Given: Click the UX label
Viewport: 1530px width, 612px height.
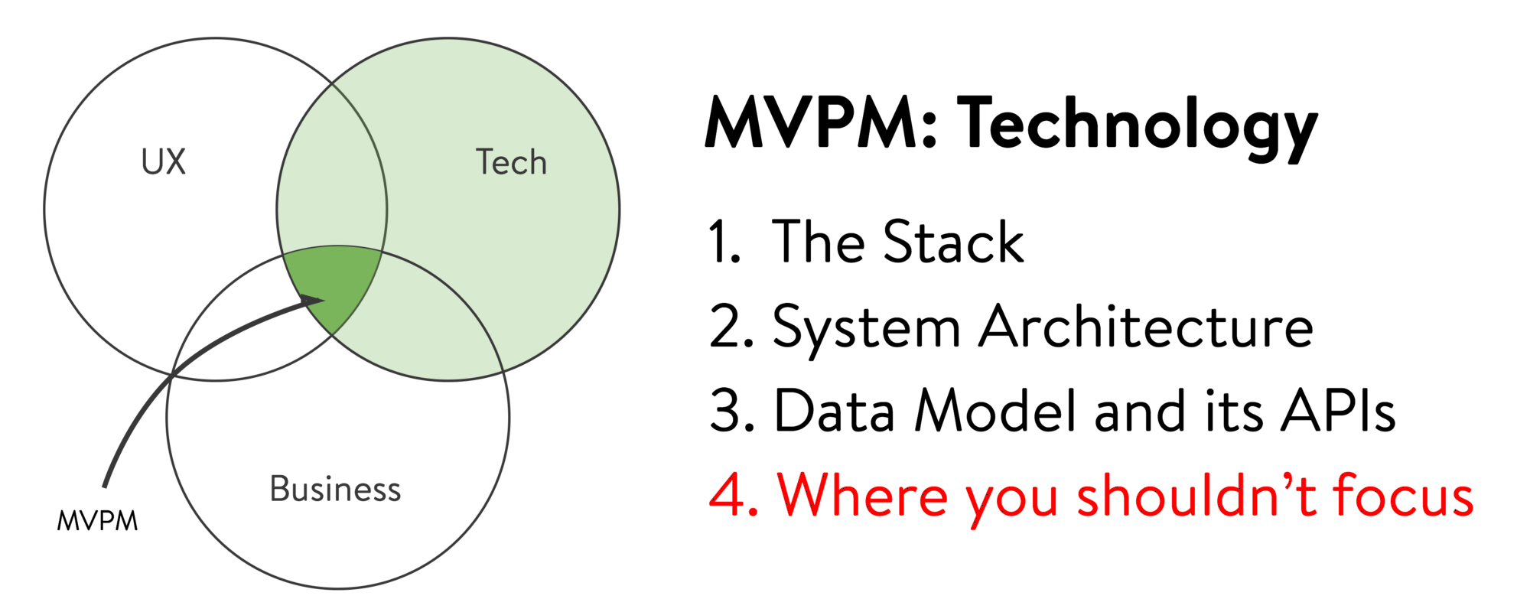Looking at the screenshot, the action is point(164,162).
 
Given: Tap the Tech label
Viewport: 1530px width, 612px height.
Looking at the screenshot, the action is point(511,162).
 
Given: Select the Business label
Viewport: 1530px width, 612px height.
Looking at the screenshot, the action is point(335,490).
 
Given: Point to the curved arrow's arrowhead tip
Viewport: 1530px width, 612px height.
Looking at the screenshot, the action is point(324,300).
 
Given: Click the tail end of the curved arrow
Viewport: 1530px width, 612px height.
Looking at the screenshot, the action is point(105,486).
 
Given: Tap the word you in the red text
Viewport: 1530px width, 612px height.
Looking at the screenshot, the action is point(1011,499).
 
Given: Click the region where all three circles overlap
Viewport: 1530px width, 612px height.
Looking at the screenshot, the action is point(337,283).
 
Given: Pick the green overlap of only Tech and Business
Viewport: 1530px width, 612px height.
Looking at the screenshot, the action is point(428,321).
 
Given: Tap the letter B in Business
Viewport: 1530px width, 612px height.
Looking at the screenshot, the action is point(279,490).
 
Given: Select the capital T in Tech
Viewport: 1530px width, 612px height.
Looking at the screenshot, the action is point(485,162).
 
